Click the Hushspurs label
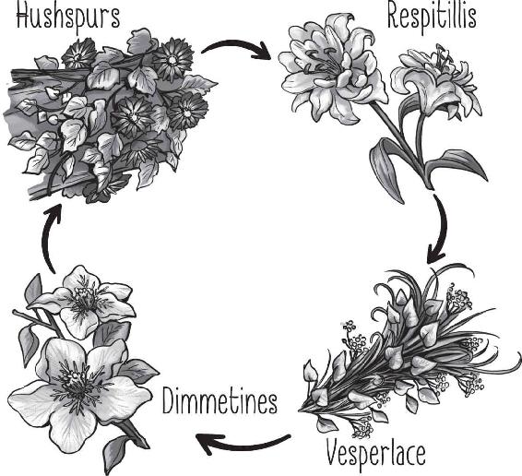pos(68,17)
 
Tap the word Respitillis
pos(432,17)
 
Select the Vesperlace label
pos(375,453)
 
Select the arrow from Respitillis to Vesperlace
pos(443,230)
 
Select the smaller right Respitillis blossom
pos(436,83)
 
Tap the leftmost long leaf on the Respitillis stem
pos(388,168)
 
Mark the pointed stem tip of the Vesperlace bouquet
pos(299,411)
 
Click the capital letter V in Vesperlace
pos(334,453)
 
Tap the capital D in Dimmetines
pos(170,400)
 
